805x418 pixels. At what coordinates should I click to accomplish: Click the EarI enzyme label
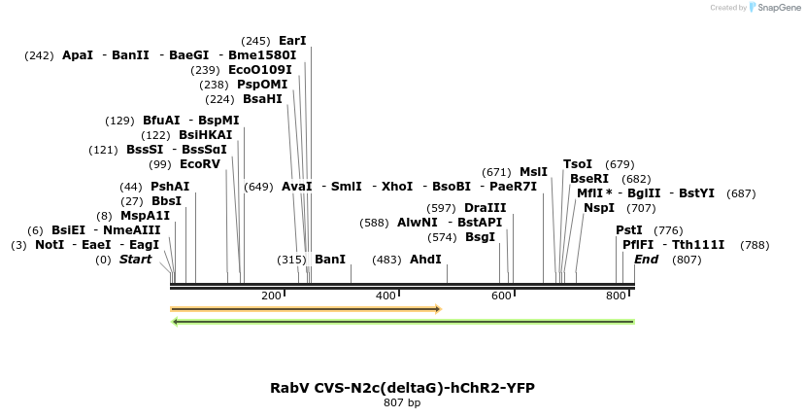pos(292,41)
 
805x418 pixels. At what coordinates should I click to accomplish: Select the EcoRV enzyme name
pos(200,164)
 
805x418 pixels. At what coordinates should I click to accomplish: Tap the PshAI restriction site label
pos(170,187)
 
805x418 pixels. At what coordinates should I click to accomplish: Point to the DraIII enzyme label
pos(485,208)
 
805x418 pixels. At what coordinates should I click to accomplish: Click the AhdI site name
pos(425,260)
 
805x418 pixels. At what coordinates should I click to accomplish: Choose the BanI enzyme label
pos(330,260)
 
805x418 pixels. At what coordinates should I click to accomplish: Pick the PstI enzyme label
pos(629,230)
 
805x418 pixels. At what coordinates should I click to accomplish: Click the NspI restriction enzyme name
pos(599,208)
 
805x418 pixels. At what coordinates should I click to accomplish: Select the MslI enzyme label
pos(533,172)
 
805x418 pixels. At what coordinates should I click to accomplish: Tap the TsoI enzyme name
pos(578,164)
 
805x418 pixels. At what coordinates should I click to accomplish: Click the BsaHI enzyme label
pos(262,99)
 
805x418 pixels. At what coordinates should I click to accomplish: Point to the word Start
pos(136,260)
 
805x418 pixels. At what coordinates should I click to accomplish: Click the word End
pos(647,260)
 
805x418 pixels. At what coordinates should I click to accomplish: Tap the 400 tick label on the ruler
pos(386,296)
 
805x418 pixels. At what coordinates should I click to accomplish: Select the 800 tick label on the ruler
pos(616,296)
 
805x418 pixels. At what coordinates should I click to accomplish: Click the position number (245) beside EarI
pos(255,41)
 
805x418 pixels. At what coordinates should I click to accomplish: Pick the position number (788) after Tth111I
pos(755,245)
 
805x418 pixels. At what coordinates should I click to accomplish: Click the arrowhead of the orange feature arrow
pos(438,309)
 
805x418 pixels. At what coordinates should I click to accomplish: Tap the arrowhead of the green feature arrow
pos(175,321)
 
